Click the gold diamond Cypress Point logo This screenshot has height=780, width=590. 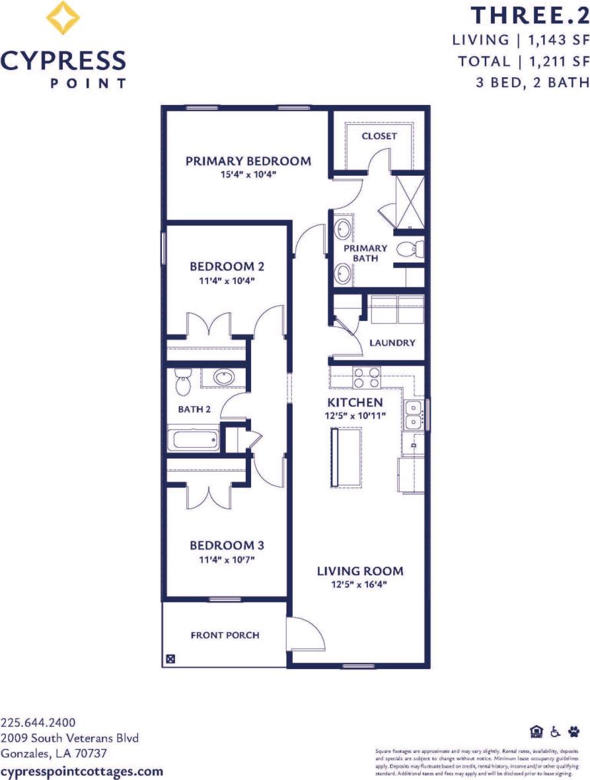(64, 18)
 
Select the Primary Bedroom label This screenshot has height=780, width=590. (248, 161)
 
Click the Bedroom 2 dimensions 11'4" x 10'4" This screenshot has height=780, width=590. (227, 280)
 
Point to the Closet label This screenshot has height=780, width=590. (379, 136)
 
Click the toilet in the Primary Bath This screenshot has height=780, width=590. (412, 250)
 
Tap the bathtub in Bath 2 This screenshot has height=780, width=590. (193, 440)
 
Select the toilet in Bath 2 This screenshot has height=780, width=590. (183, 381)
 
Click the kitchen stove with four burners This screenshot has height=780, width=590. (367, 377)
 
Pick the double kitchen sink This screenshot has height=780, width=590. (414, 413)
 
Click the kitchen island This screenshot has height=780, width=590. (345, 456)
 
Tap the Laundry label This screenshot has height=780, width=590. (392, 343)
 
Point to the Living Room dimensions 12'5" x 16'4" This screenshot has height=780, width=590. (359, 585)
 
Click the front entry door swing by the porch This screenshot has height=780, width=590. (303, 635)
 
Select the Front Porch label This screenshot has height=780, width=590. (225, 635)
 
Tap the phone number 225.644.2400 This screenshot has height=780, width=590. (39, 722)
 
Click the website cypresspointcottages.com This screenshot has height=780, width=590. (82, 771)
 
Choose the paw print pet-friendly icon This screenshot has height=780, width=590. (573, 731)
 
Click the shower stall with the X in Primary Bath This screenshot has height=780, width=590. (408, 200)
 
